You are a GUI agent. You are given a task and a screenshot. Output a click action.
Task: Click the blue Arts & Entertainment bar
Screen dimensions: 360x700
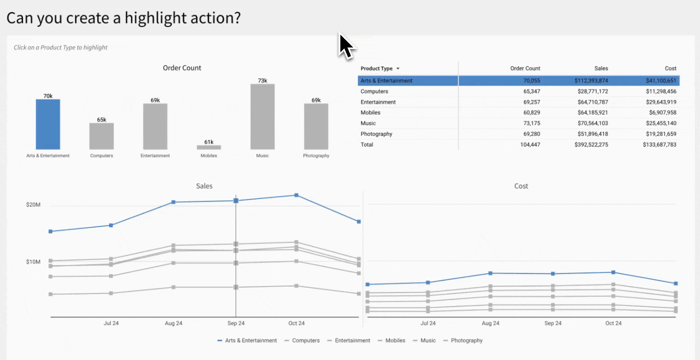pyautogui.click(x=48, y=124)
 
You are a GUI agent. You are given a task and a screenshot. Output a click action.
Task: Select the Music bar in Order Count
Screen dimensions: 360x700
pyautogui.click(x=262, y=116)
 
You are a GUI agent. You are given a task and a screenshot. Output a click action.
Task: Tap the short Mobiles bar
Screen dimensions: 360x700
pyautogui.click(x=208, y=147)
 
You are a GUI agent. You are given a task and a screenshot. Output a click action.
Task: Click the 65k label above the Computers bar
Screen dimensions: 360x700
pyautogui.click(x=101, y=119)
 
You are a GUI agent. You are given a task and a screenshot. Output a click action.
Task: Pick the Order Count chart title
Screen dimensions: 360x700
pyautogui.click(x=182, y=68)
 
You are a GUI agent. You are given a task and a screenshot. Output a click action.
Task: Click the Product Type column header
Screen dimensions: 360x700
pyautogui.click(x=376, y=68)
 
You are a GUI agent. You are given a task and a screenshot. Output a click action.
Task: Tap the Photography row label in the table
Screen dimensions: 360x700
pyautogui.click(x=376, y=134)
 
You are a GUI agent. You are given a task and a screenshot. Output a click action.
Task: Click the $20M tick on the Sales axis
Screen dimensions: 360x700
pyautogui.click(x=33, y=205)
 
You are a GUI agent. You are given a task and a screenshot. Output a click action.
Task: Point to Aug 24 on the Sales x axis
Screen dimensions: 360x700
pyautogui.click(x=173, y=323)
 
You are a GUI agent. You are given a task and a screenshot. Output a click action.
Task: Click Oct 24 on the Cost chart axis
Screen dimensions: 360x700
pyautogui.click(x=613, y=323)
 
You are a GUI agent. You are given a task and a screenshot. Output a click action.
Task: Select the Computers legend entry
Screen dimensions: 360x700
pyautogui.click(x=305, y=340)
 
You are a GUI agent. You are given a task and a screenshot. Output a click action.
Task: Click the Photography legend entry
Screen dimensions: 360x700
pyautogui.click(x=466, y=340)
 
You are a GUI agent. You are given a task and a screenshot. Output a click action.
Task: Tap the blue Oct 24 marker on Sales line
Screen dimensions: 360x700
pyautogui.click(x=296, y=195)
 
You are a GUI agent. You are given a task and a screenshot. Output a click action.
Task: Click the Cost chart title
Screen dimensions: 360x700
pyautogui.click(x=521, y=186)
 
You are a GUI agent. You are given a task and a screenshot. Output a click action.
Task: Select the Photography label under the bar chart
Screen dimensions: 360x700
pyautogui.click(x=316, y=155)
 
